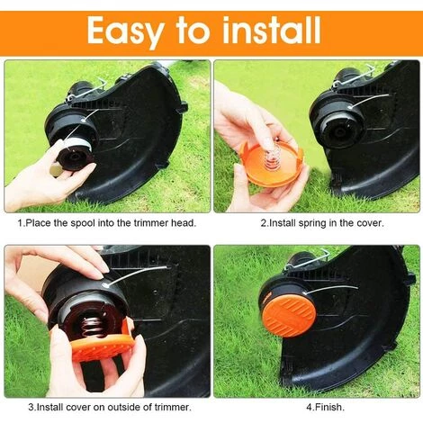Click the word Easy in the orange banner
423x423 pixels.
tap(126, 31)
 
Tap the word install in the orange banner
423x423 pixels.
tap(273, 30)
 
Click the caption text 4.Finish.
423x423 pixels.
tap(325, 407)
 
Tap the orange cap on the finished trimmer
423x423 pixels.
tap(289, 316)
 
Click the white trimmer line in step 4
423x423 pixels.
tap(332, 289)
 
